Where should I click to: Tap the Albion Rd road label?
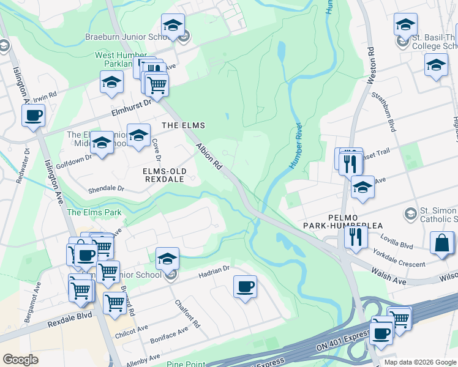(x=209, y=156)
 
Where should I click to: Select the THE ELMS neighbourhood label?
(x=182, y=125)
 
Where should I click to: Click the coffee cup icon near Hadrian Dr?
(x=245, y=286)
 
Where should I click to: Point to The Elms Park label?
(x=94, y=213)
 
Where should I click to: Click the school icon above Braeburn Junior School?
(x=173, y=25)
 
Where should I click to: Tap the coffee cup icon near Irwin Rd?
(x=33, y=114)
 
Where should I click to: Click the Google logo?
(x=20, y=360)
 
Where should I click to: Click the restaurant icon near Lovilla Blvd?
(x=355, y=235)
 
